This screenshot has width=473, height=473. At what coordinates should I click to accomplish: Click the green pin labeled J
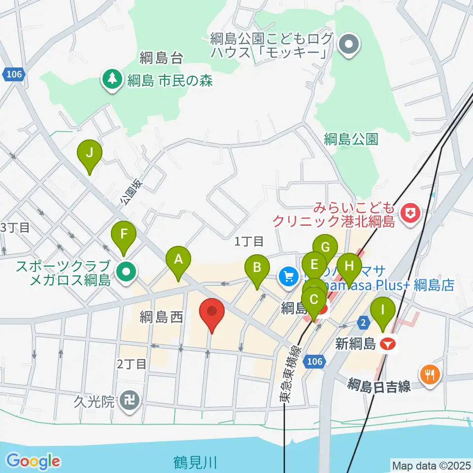[89, 153]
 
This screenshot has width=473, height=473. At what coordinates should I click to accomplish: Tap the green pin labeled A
[178, 259]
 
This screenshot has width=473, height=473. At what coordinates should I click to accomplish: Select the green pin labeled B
[257, 268]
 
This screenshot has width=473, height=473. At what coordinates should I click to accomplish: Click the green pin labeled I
[383, 311]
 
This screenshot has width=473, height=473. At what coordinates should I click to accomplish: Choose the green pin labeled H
[349, 266]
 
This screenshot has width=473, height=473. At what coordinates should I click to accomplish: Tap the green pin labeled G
[325, 247]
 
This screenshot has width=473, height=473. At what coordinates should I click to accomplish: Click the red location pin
[212, 312]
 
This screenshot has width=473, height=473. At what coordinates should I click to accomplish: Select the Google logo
[34, 461]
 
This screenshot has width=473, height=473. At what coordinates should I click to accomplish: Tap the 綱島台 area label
[161, 58]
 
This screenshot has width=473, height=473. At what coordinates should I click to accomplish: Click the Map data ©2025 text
[431, 465]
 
